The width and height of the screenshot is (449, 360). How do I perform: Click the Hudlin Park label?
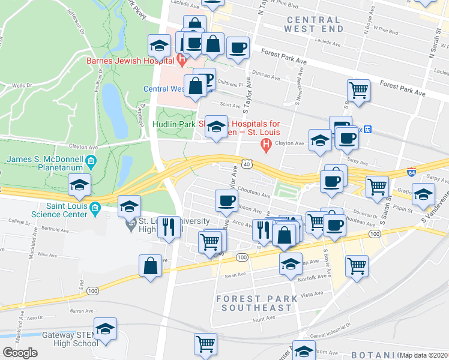point(173,124)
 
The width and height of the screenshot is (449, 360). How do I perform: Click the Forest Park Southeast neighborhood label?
point(256,303)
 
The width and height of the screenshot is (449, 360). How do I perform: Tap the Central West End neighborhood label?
point(315,24)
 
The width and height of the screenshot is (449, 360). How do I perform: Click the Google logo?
point(20,353)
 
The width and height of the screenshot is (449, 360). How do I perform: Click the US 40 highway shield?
point(247,164)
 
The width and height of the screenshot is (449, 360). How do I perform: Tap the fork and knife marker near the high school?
point(169,226)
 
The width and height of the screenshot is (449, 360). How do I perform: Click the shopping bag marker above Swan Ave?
point(150,265)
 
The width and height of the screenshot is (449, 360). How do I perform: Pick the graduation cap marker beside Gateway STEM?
point(105,328)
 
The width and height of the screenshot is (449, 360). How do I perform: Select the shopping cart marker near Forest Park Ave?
point(358,90)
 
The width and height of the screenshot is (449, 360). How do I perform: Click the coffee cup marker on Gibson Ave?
point(226,200)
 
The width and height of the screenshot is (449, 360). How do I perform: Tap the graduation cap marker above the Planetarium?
point(79,185)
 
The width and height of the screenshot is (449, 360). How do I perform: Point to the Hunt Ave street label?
point(264,320)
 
